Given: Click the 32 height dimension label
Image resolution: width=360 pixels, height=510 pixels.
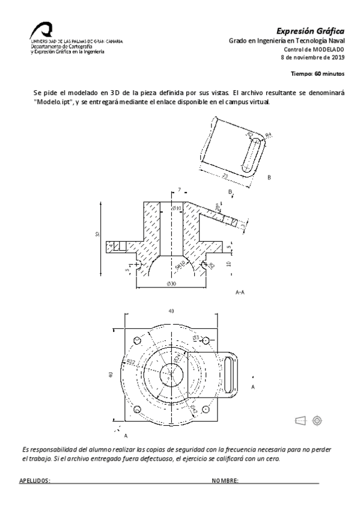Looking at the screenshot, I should pos(98,235).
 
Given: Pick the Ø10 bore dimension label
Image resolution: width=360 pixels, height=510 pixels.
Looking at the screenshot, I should pos(177,208).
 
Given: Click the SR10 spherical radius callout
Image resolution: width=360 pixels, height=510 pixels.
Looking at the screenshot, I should pos(180,263).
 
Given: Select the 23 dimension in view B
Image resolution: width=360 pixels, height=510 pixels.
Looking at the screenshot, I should pos(224,176).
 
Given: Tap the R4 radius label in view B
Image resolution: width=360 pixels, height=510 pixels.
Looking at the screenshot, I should pos(268,135).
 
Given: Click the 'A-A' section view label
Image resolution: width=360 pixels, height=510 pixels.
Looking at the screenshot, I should pos(239,292).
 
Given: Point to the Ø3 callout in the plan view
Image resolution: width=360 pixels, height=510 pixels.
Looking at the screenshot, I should pos(196,339).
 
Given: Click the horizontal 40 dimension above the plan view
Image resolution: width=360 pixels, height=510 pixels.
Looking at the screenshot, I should pos(171,312).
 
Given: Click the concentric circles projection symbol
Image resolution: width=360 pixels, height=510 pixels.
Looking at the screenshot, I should pos(316,420).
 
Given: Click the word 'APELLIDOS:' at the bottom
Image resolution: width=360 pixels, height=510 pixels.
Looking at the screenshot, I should pos(35,481).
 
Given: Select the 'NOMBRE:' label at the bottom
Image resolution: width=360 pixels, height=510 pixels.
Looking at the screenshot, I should pos(225,481).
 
